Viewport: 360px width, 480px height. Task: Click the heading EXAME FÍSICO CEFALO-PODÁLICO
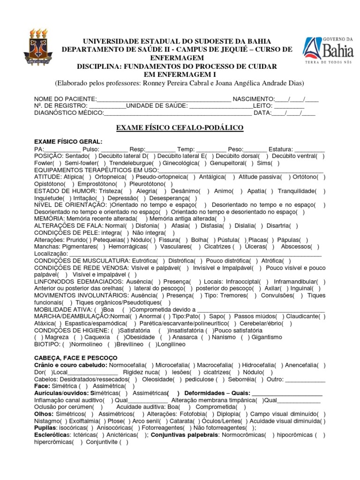click(x=180, y=127)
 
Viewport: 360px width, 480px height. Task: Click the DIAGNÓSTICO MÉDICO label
click(x=68, y=113)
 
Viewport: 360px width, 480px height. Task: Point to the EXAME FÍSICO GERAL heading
click(x=68, y=142)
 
